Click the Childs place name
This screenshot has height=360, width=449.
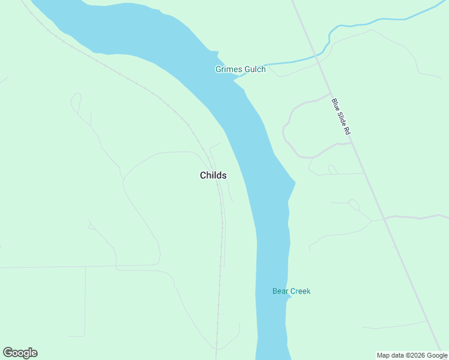click(x=213, y=175)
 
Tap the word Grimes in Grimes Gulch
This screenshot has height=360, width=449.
click(x=228, y=70)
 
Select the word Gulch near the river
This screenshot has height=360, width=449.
click(x=254, y=70)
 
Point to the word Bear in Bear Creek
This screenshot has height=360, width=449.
click(x=281, y=292)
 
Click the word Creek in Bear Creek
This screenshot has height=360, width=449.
click(x=301, y=292)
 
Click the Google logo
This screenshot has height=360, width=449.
click(x=20, y=353)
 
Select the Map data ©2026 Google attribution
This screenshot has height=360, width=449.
click(x=412, y=355)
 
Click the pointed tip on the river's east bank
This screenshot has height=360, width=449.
click(x=295, y=182)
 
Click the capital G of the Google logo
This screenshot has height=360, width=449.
click(x=8, y=353)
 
